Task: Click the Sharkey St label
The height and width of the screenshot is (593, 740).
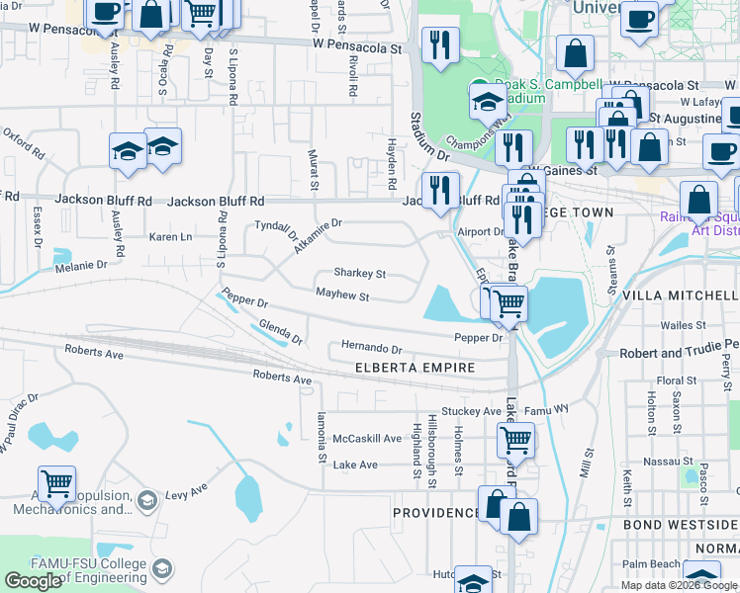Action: coord(359,273)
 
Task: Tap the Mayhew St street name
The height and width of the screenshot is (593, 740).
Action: coord(342,296)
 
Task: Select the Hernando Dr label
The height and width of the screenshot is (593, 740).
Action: coord(371,349)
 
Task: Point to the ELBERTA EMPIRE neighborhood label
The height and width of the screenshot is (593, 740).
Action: coord(415,368)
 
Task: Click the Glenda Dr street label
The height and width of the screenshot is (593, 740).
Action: coord(280,332)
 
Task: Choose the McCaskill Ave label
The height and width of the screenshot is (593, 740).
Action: coord(367,439)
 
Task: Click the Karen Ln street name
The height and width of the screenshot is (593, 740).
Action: coord(170,237)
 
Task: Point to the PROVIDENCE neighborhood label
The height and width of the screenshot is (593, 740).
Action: coord(435,513)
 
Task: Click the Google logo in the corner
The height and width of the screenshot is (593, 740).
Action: coord(34,581)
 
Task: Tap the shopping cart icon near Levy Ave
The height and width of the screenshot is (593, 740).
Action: coord(57,484)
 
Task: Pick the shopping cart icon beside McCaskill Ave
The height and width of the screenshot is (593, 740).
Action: coord(515,440)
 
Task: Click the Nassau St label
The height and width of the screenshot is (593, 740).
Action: coord(678,462)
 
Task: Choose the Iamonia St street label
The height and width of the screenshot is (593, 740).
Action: coord(322,438)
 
